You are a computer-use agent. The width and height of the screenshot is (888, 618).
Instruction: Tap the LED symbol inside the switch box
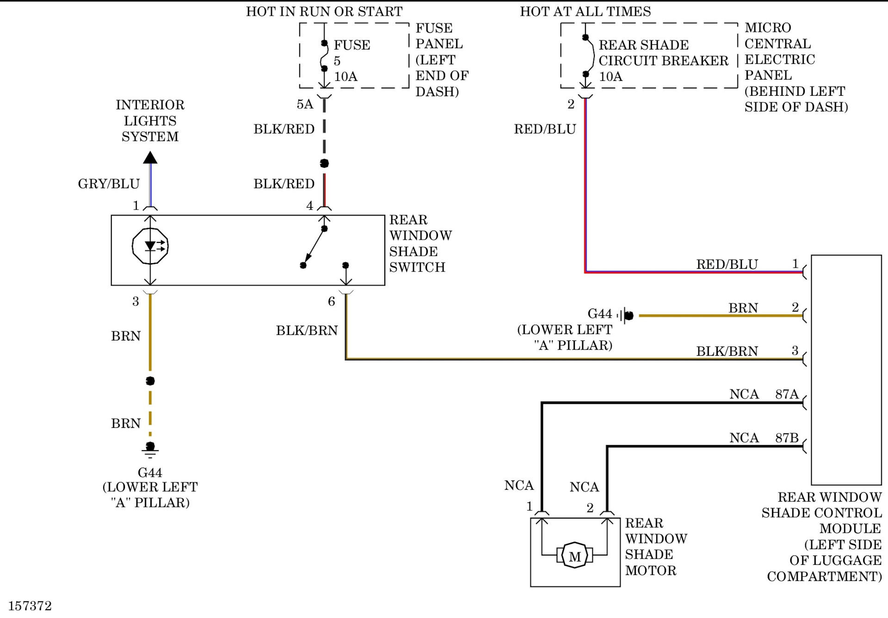pyautogui.click(x=150, y=246)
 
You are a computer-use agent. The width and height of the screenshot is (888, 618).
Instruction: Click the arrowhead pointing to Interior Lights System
pyautogui.click(x=150, y=158)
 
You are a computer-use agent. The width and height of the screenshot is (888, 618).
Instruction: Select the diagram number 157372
pyautogui.click(x=30, y=606)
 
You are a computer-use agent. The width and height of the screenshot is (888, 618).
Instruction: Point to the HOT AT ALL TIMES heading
pyautogui.click(x=585, y=12)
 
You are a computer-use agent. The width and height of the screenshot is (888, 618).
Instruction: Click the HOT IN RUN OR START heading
pyautogui.click(x=324, y=12)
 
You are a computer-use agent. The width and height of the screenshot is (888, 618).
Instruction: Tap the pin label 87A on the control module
pyautogui.click(x=787, y=394)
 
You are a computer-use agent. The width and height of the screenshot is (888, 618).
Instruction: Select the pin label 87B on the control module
pyautogui.click(x=787, y=438)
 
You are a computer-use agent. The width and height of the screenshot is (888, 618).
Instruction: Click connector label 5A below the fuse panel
pyautogui.click(x=305, y=105)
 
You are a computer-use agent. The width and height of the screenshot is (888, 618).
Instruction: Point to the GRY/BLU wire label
pyautogui.click(x=109, y=184)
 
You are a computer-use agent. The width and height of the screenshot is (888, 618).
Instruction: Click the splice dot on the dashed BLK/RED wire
pyautogui.click(x=324, y=163)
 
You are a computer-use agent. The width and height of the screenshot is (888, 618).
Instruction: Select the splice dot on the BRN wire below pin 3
pyautogui.click(x=150, y=381)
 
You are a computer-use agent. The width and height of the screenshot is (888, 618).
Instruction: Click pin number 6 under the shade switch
pyautogui.click(x=331, y=302)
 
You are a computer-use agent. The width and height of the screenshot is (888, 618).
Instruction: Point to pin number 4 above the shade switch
pyautogui.click(x=309, y=206)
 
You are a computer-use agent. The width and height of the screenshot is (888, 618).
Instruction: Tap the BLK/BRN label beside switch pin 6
pyautogui.click(x=307, y=331)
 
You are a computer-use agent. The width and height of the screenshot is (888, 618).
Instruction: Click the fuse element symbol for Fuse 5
pyautogui.click(x=324, y=56)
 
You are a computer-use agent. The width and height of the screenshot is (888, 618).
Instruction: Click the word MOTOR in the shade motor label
pyautogui.click(x=650, y=571)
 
